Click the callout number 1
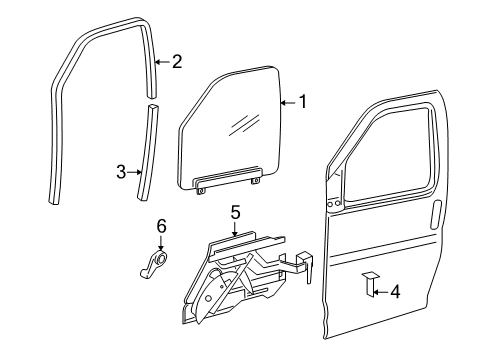(301, 101)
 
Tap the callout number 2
(177, 62)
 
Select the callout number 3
(120, 171)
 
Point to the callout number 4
(395, 292)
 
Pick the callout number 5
(236, 212)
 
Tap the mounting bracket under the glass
(228, 181)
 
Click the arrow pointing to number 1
(287, 101)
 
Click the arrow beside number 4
(378, 292)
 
